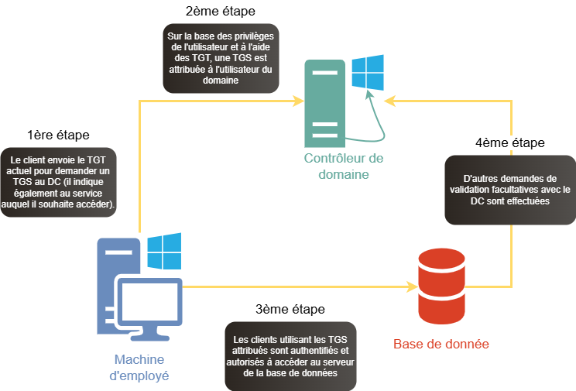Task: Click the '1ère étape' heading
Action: coord(58,135)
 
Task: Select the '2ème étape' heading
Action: coord(221,12)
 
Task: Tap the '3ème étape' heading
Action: coord(290,310)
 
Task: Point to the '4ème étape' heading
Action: coord(509,143)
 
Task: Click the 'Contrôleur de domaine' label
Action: coord(344,166)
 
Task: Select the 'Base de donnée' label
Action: coord(441,344)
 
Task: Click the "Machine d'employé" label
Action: coord(140,367)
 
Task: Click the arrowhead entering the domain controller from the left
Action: coord(297,101)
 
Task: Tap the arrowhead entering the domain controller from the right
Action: coord(390,101)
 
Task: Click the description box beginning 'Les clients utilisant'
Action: coord(290,356)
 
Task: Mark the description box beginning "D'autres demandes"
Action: coord(509,189)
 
